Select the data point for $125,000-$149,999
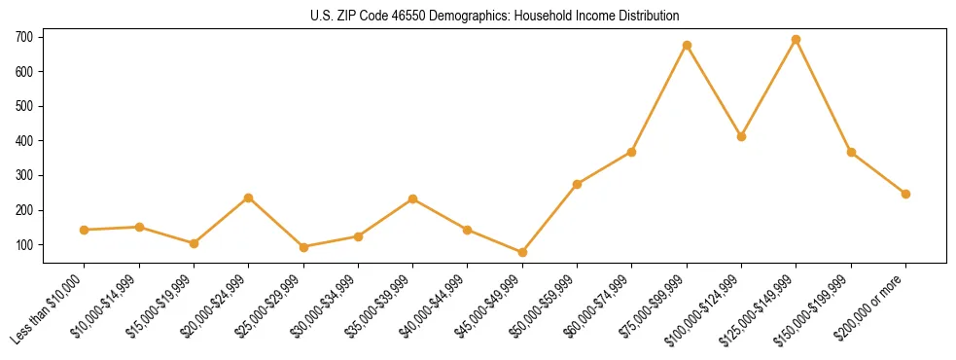pyautogui.click(x=797, y=40)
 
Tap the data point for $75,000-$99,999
pyautogui.click(x=687, y=45)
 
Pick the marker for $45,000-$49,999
pyautogui.click(x=522, y=252)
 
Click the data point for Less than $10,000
pyautogui.click(x=85, y=230)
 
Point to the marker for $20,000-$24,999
pyautogui.click(x=249, y=198)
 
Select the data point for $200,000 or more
pyautogui.click(x=905, y=194)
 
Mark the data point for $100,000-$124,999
pyautogui.click(x=741, y=136)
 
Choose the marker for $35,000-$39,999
pyautogui.click(x=413, y=198)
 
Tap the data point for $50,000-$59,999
pyautogui.click(x=578, y=184)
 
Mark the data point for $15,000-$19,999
pyautogui.click(x=194, y=243)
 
